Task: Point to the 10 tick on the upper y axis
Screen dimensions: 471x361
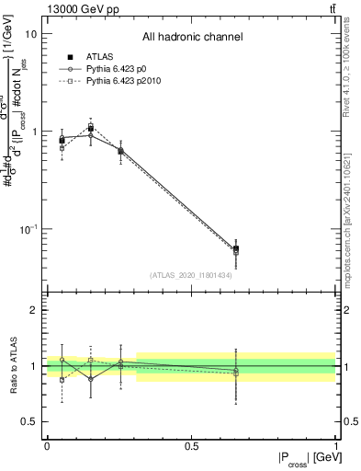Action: [x=30, y=34]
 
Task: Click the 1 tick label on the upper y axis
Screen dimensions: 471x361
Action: [x=33, y=132]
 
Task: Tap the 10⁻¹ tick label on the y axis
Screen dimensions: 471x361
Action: [x=28, y=228]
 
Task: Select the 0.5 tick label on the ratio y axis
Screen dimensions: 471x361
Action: [x=29, y=421]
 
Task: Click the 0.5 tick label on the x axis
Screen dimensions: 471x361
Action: [x=191, y=446]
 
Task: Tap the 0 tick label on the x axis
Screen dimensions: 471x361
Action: [x=47, y=446]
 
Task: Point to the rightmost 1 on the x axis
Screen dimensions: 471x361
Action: [x=335, y=446]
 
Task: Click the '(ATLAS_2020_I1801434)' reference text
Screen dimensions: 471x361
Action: [x=191, y=275]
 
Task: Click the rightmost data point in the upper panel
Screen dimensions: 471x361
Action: [x=236, y=248]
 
